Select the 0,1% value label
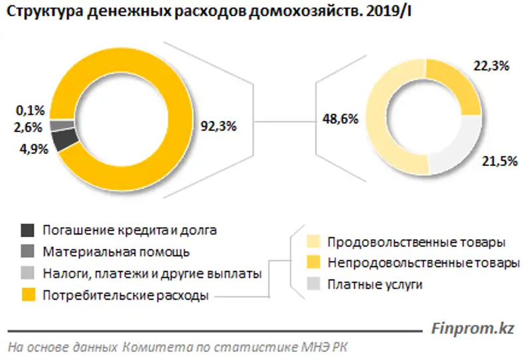pyautogui.click(x=30, y=110)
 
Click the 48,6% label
pyautogui.click(x=339, y=120)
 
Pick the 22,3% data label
pyautogui.click(x=491, y=66)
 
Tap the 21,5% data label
pyautogui.click(x=499, y=161)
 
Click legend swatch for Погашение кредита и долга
pyautogui.click(x=28, y=230)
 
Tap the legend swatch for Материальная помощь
pyautogui.click(x=28, y=252)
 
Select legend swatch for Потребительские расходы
pyautogui.click(x=28, y=295)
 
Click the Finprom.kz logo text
pyautogui.click(x=473, y=327)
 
